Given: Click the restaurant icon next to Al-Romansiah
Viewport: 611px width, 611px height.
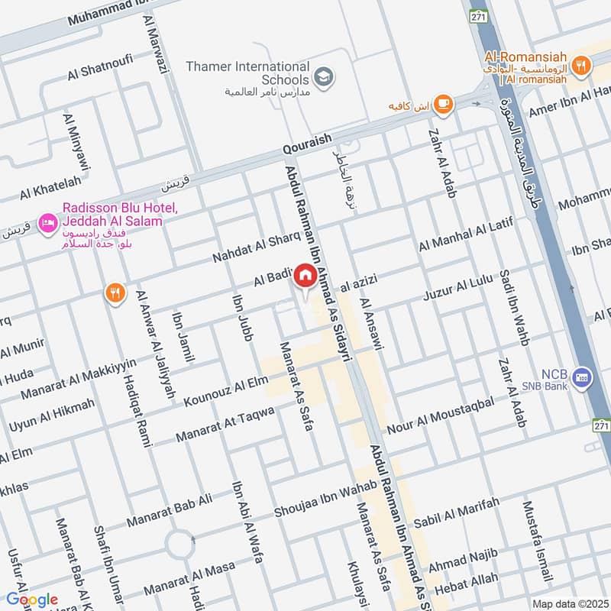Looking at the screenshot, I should [x=582, y=66].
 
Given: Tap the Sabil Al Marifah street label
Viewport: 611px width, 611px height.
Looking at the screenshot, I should [x=456, y=512].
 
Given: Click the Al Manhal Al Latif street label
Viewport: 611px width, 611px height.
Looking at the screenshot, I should [x=465, y=234].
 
